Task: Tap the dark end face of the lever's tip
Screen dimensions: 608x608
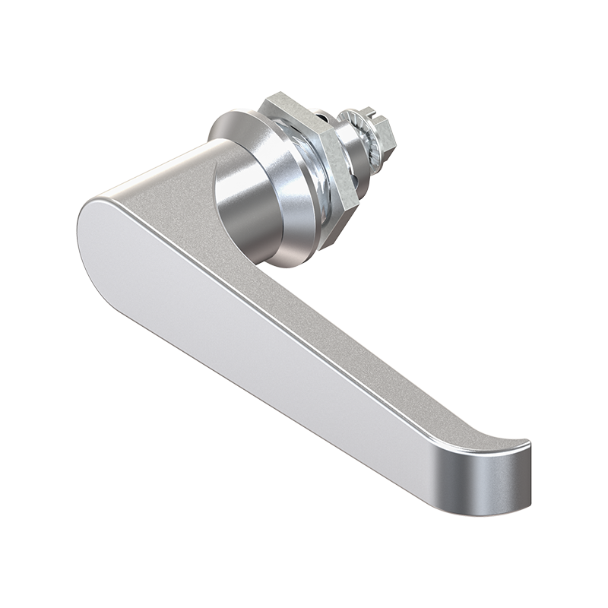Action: (x=498, y=479)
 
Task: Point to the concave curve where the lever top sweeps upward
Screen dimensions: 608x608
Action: (x=471, y=433)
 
